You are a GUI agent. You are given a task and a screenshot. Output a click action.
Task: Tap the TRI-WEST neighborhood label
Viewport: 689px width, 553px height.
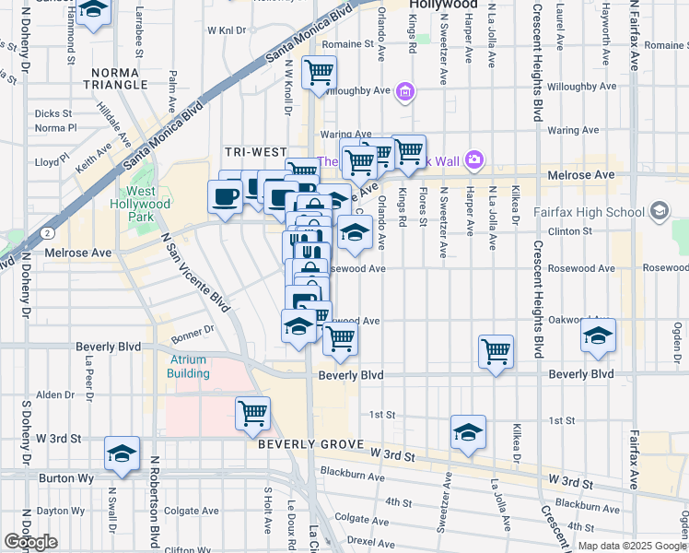tap(253, 151)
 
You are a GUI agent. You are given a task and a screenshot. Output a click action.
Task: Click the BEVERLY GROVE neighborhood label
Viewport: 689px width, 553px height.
tap(305, 444)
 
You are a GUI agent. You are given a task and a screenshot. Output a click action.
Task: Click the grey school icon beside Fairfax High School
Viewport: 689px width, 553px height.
tap(659, 212)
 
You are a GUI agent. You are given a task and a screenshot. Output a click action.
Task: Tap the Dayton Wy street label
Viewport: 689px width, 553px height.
tap(62, 510)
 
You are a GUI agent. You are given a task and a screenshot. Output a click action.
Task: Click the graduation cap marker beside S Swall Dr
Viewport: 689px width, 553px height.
tap(122, 453)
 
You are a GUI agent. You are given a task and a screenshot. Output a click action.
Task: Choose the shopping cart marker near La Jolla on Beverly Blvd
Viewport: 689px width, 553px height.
tap(496, 350)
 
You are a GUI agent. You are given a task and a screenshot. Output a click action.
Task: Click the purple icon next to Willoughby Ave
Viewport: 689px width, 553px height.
tap(406, 91)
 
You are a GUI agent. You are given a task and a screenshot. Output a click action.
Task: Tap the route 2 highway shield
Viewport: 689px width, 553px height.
tap(45, 234)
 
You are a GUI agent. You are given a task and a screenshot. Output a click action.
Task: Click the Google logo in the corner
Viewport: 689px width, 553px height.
tap(30, 542)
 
